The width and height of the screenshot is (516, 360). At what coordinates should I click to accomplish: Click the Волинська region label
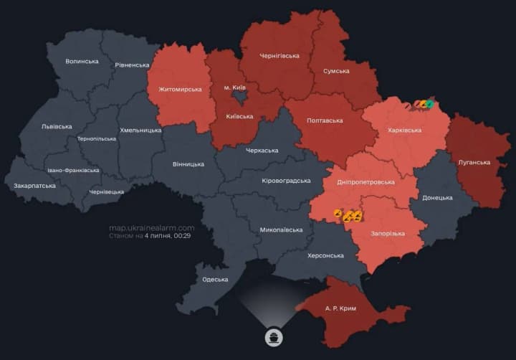coord(82,62)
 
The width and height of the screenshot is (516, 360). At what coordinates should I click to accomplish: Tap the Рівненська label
coord(131,65)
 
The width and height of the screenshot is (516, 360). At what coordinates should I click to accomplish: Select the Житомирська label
coord(180,90)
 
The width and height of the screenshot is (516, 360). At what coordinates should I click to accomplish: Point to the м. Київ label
coord(234,87)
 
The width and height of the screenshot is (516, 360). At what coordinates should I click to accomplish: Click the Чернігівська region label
coord(279,55)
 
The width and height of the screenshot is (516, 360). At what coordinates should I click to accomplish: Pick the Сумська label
coord(336,71)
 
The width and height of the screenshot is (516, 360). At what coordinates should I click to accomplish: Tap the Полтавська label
coord(324,120)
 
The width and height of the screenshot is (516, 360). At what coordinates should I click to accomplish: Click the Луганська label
coord(474,162)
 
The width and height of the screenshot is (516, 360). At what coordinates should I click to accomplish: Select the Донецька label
coord(437,197)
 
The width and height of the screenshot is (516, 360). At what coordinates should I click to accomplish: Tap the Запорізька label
coord(388,234)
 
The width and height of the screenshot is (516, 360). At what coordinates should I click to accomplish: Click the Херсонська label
coord(325,256)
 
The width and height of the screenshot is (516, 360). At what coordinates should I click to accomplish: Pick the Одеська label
coord(215,280)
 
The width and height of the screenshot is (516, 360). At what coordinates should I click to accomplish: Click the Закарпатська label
coord(34,186)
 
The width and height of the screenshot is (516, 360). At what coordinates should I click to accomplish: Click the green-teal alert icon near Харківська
coord(430,105)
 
